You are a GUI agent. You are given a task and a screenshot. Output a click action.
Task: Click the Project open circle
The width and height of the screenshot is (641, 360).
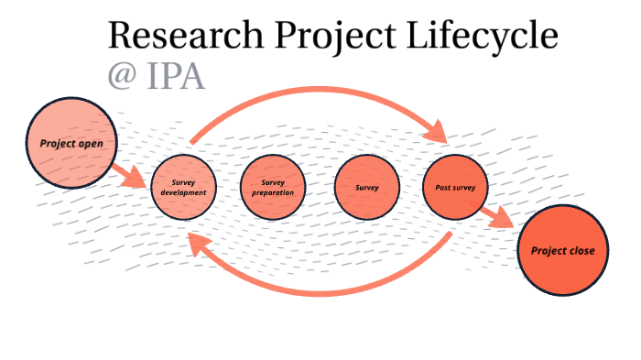71,144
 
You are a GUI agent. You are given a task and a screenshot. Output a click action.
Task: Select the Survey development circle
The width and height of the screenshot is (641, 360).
184,188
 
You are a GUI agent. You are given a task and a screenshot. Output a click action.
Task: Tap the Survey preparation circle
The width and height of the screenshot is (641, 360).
274,188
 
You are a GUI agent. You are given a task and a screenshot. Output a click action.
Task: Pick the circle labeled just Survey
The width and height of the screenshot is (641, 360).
367,188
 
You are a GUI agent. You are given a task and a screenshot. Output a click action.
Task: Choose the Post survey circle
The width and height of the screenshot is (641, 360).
455,188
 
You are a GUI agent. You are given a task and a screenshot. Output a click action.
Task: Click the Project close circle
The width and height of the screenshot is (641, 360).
562,250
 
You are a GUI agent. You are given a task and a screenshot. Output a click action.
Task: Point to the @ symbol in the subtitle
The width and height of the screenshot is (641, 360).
122,76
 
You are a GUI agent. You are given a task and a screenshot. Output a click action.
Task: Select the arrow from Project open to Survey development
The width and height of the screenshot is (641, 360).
129,173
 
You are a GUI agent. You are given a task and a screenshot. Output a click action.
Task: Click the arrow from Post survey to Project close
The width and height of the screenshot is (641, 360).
498,217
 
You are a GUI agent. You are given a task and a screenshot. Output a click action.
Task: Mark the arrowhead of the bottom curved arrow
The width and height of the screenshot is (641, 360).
195,241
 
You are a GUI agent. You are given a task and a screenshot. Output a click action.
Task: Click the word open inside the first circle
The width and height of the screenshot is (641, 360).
96,144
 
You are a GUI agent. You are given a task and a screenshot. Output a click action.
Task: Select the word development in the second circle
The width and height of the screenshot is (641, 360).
184,193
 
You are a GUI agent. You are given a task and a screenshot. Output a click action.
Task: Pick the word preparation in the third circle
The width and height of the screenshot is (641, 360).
274,193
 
